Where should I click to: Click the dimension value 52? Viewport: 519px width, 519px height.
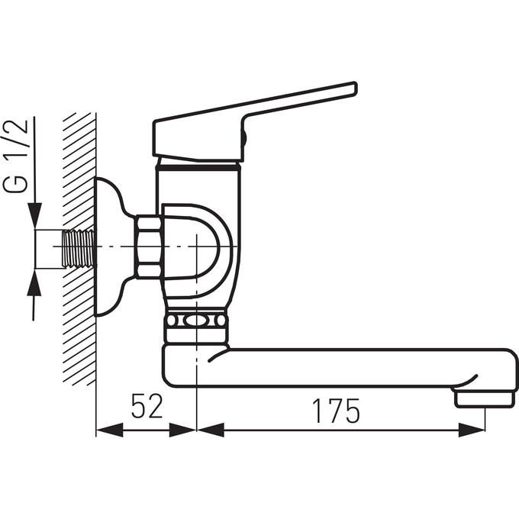pyautogui.click(x=147, y=406)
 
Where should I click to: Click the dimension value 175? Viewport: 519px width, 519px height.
pyautogui.click(x=336, y=411)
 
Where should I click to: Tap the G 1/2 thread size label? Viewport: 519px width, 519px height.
pyautogui.click(x=15, y=156)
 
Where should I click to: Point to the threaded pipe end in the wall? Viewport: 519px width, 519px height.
pyautogui.click(x=79, y=249)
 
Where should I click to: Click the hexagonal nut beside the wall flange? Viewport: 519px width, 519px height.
pyautogui.click(x=149, y=247)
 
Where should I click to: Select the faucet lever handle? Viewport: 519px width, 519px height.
pyautogui.click(x=254, y=122)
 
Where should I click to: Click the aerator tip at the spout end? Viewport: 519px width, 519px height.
pyautogui.click(x=485, y=399)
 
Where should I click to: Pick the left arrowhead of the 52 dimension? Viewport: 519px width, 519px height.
pyautogui.click(x=110, y=430)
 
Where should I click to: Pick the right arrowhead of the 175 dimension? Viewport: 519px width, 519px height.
pyautogui.click(x=472, y=430)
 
